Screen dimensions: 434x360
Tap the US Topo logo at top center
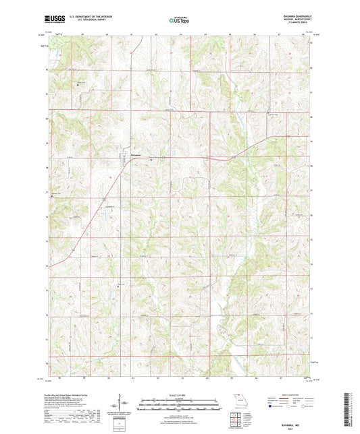click(x=177, y=20)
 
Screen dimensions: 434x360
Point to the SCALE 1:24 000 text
click(x=180, y=394)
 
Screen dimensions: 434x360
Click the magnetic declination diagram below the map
click(x=121, y=406)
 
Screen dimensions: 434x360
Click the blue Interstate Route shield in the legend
click(x=271, y=408)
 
